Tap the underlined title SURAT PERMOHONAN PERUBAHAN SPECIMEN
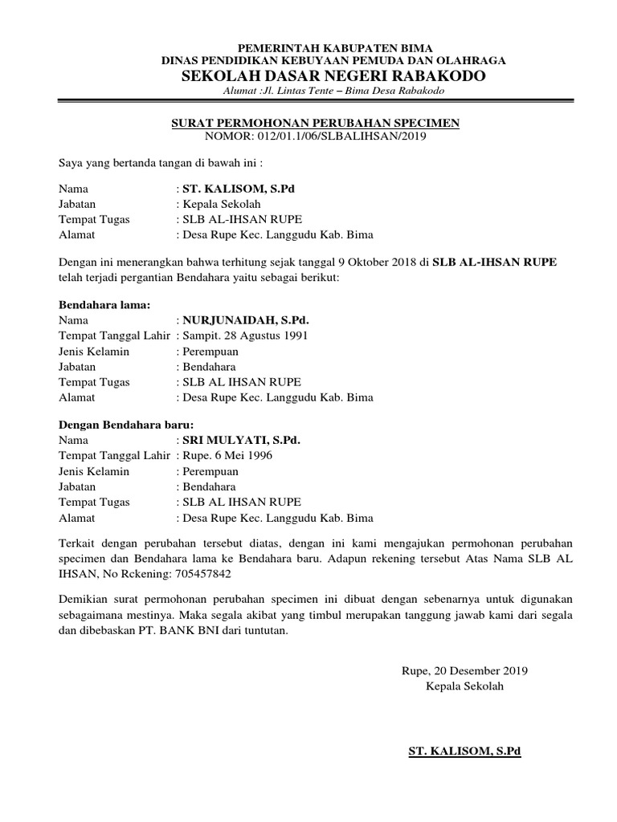point(316,123)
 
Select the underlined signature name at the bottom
point(465,752)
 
